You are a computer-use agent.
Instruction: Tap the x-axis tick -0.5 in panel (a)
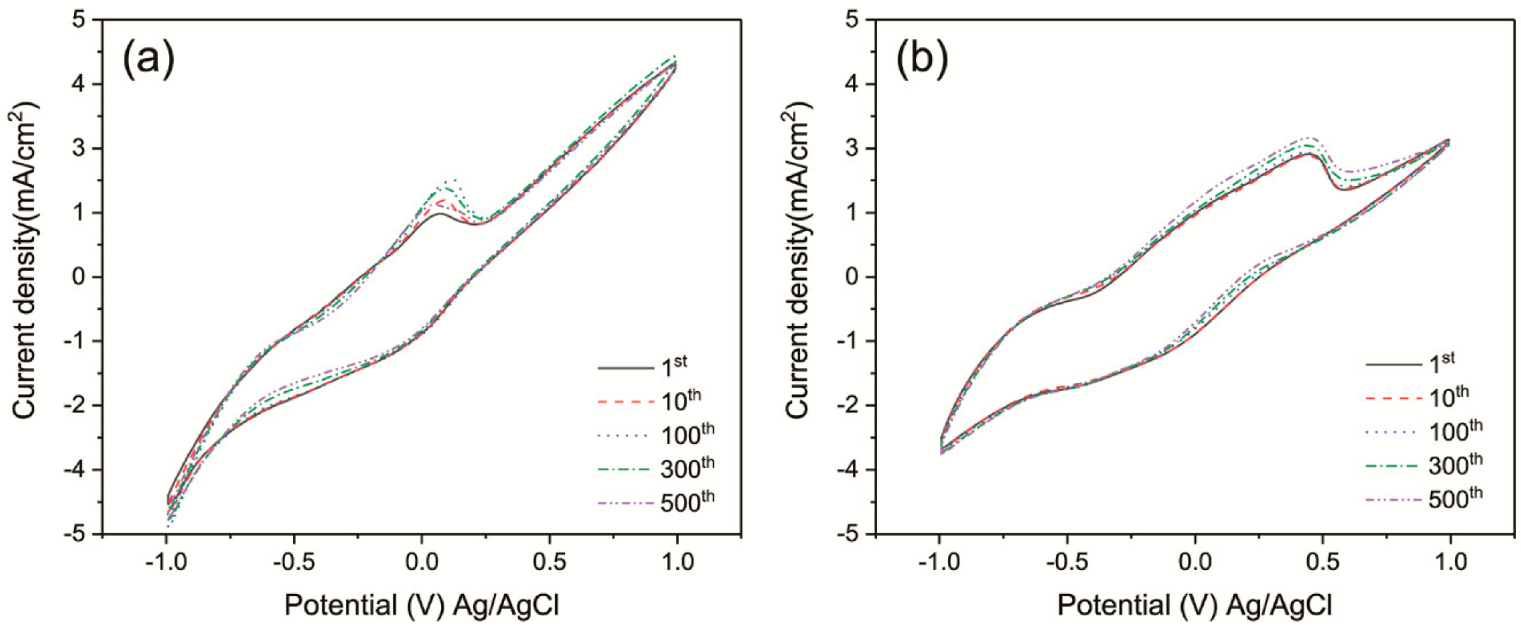click(x=293, y=562)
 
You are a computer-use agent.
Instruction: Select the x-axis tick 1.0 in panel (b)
click(x=1450, y=562)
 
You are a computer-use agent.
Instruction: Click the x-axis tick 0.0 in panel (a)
click(x=422, y=562)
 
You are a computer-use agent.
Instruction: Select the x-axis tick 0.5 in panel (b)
click(x=1323, y=562)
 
